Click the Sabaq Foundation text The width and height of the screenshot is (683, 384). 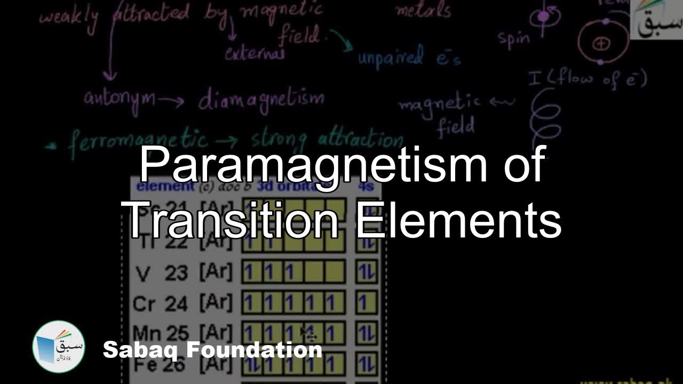pyautogui.click(x=212, y=350)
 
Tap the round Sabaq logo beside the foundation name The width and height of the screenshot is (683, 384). pyautogui.click(x=59, y=347)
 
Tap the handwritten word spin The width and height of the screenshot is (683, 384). pyautogui.click(x=513, y=38)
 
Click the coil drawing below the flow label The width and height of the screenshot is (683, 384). pyautogui.click(x=544, y=115)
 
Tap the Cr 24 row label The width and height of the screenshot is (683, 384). pyautogui.click(x=161, y=303)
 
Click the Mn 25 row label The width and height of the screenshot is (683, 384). pyautogui.click(x=161, y=333)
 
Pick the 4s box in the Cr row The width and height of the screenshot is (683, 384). pyautogui.click(x=367, y=303)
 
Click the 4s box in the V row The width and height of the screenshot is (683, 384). pyautogui.click(x=367, y=273)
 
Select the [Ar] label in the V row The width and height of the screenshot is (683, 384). pyautogui.click(x=216, y=273)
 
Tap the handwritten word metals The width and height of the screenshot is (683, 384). pyautogui.click(x=423, y=9)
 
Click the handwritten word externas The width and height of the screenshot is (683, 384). pyautogui.click(x=255, y=53)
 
